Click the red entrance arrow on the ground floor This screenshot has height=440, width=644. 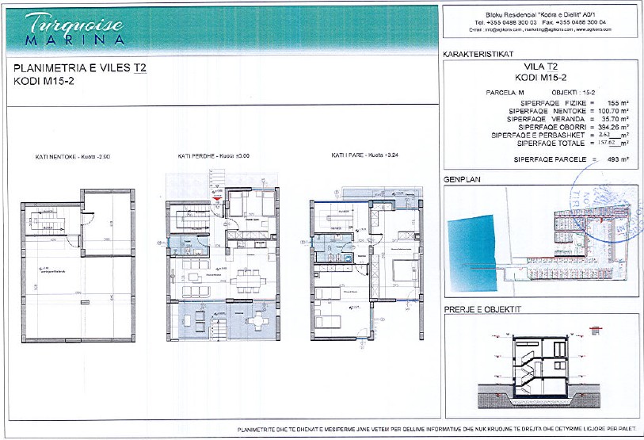click(211, 189)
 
